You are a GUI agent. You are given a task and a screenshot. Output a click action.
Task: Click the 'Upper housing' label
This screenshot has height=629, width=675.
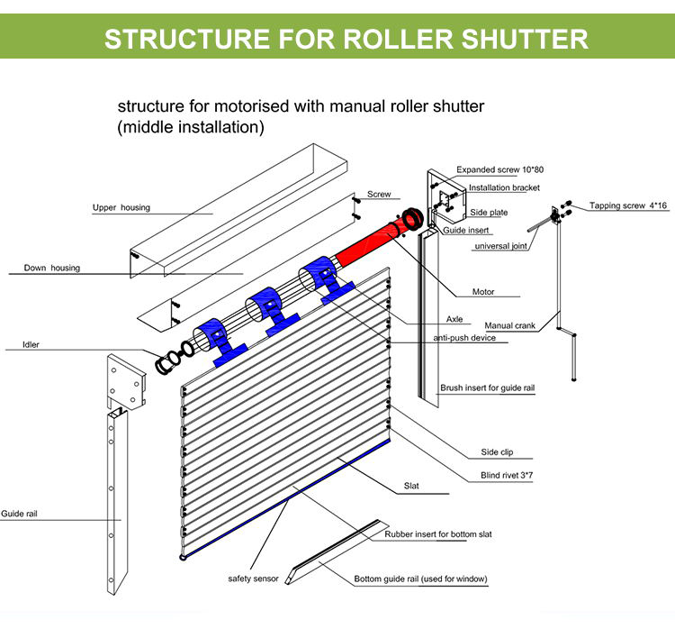point(121,208)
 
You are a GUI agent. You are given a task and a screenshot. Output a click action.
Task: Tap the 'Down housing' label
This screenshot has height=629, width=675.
point(52,268)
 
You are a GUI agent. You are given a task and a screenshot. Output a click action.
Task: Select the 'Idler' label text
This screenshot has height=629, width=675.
point(30,344)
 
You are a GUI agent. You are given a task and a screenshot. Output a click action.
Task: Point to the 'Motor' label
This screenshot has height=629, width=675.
point(483,292)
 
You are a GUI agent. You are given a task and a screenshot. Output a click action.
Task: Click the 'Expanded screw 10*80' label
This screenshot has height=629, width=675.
point(499,169)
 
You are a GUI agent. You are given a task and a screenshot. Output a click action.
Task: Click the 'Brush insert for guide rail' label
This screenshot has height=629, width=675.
point(488,389)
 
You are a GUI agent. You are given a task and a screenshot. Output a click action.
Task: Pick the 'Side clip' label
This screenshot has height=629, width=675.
point(498,452)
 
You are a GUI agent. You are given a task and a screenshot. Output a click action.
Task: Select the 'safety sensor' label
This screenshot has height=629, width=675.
point(253,579)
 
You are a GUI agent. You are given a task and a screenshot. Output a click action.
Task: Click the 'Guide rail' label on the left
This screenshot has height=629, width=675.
point(19,514)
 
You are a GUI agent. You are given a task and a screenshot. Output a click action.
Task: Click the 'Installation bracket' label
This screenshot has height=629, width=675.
point(504,188)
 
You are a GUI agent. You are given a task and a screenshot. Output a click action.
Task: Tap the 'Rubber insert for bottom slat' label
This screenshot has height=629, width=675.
point(438,534)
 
